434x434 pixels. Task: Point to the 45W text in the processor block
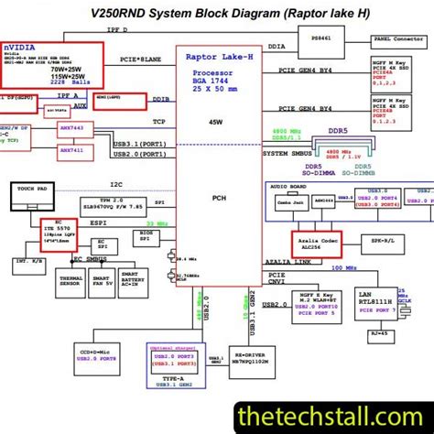tap(215, 121)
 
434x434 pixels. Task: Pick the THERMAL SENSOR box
tap(71, 282)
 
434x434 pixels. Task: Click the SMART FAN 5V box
tap(103, 282)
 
